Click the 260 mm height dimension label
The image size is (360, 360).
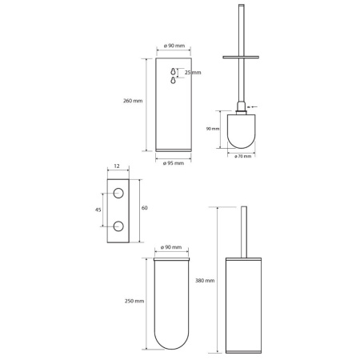(x=133, y=101)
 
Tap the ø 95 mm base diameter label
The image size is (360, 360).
(x=174, y=163)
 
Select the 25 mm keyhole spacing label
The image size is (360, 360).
(x=193, y=73)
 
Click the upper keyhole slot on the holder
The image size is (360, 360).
(x=174, y=71)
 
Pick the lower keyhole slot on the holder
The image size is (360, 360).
(x=174, y=80)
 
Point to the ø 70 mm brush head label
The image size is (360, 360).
(x=243, y=156)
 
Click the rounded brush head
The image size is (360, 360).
(x=241, y=131)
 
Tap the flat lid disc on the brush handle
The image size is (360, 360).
(x=241, y=57)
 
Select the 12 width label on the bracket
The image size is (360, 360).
(x=117, y=166)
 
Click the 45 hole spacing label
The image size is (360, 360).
(x=98, y=210)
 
